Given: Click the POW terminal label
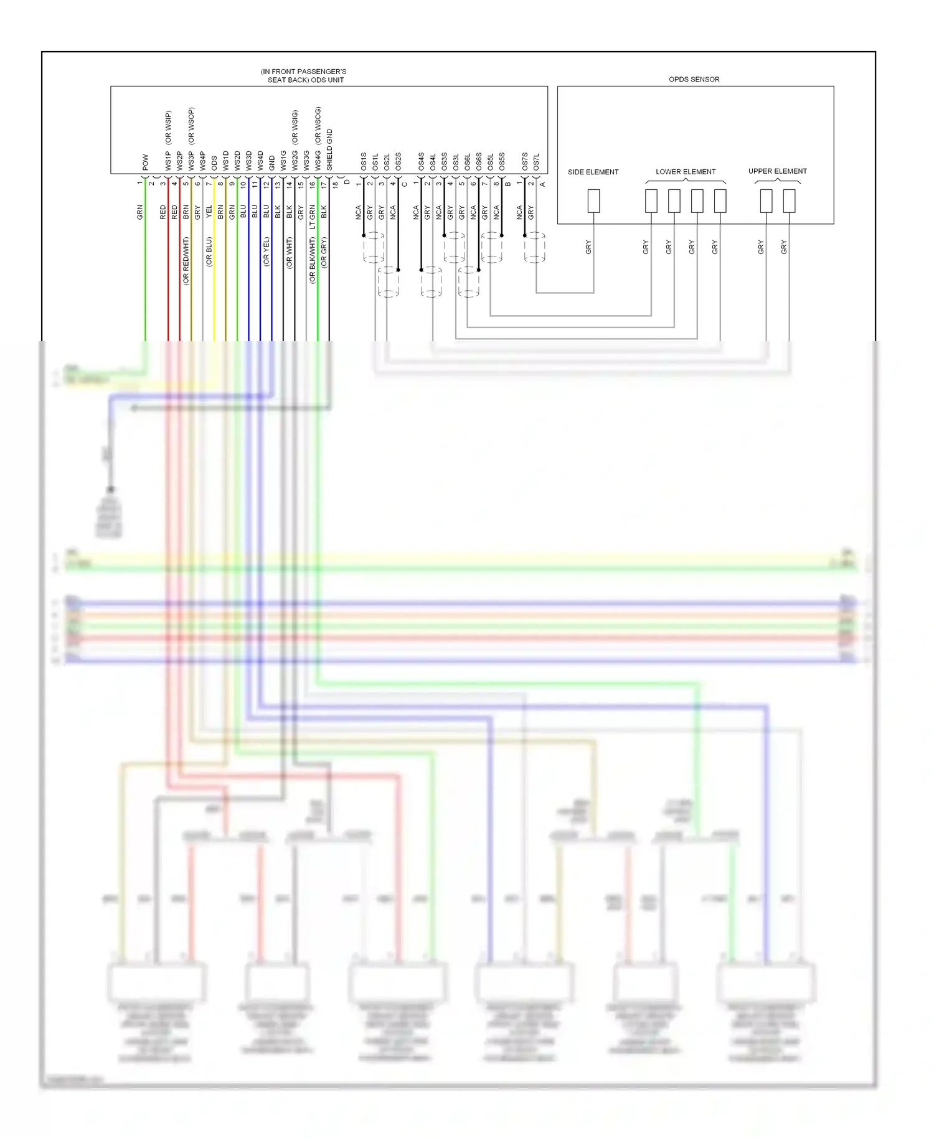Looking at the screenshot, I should [x=146, y=162].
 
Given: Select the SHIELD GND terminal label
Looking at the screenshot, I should [x=330, y=150].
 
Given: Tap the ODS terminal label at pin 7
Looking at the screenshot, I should [x=214, y=163].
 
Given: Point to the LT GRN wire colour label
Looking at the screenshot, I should [x=313, y=217].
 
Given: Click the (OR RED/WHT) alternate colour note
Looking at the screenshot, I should [x=186, y=261].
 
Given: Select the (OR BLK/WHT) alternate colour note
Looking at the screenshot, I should [x=313, y=260].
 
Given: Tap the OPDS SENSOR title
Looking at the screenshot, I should [x=694, y=79].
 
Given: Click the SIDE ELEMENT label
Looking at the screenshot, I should [x=593, y=172].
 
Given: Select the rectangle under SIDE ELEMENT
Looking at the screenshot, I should [x=594, y=200].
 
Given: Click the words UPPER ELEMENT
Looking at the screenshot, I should [x=777, y=171].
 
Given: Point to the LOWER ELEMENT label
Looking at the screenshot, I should [x=686, y=172].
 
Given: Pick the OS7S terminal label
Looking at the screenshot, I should [x=525, y=162].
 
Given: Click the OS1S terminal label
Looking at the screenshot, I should [x=364, y=162].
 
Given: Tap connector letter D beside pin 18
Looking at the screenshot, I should [x=347, y=182].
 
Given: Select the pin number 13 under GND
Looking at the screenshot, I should [x=278, y=185].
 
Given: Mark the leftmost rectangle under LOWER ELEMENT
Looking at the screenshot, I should [x=651, y=200].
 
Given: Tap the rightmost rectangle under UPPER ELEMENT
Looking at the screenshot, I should [x=789, y=200].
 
